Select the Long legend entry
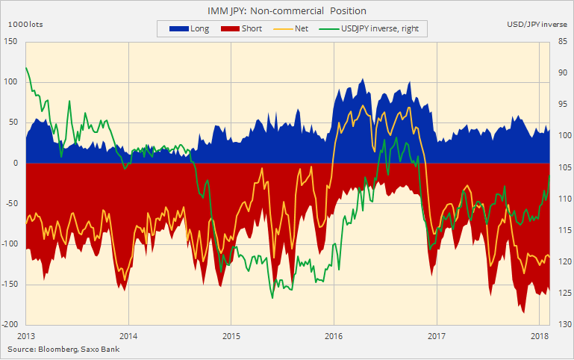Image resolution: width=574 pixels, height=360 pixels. point(190,28)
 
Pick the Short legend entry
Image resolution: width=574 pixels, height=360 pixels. point(247,28)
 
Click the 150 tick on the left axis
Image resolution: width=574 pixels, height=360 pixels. point(10,41)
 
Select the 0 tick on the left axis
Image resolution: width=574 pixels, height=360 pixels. point(16,163)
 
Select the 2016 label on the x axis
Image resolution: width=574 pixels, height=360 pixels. point(333,335)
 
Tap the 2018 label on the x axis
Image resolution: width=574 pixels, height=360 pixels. point(538,335)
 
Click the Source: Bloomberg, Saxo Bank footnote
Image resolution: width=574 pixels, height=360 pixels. point(63,349)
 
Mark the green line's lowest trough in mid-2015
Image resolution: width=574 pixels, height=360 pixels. point(272,298)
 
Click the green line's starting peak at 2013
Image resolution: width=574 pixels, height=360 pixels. point(27,68)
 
